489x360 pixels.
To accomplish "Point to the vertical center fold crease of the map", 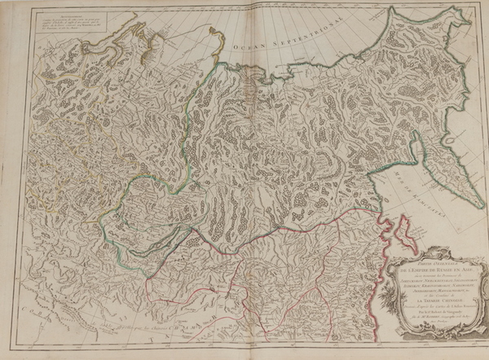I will point(244,179).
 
